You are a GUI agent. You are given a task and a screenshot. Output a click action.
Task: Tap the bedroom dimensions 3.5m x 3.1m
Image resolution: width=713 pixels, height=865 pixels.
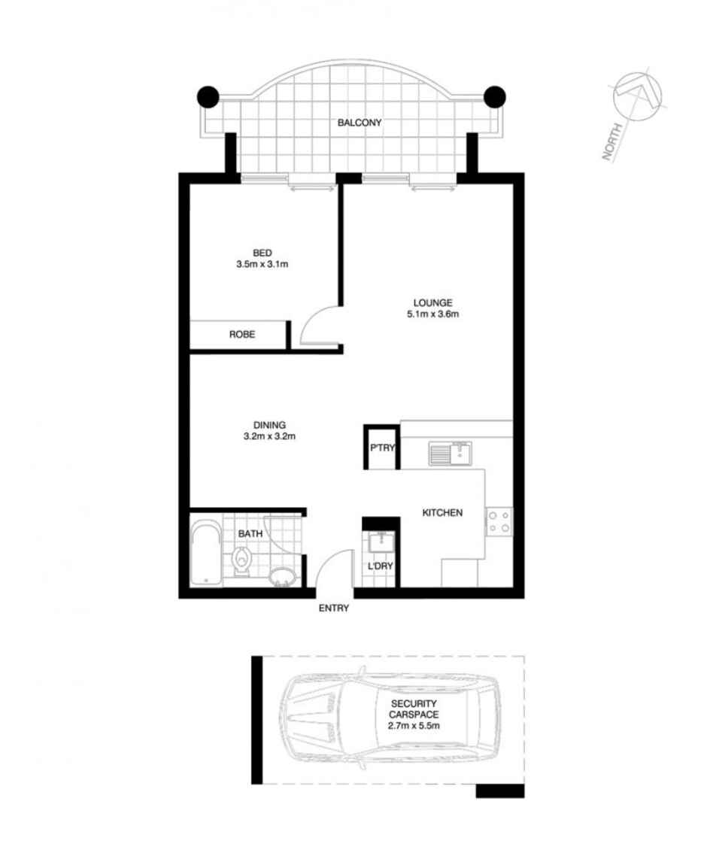tap(262, 264)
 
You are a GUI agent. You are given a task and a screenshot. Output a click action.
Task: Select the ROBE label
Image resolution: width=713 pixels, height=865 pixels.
tap(241, 335)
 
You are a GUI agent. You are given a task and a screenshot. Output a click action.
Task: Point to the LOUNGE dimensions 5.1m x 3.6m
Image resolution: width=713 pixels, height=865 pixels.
tap(432, 314)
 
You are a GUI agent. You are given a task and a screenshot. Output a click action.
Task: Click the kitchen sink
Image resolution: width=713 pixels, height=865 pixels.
tap(450, 454)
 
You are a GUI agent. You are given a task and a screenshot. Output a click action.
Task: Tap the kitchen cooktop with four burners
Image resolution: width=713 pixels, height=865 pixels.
tap(499, 521)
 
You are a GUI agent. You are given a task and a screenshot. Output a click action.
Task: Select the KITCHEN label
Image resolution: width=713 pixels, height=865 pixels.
tap(441, 513)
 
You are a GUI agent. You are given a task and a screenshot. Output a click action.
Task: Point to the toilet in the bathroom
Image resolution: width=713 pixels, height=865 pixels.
tap(241, 560)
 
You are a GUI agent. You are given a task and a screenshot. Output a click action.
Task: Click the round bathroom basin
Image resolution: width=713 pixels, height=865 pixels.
tap(282, 577)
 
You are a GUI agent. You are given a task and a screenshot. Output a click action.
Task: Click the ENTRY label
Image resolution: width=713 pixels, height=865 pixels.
tap(334, 609)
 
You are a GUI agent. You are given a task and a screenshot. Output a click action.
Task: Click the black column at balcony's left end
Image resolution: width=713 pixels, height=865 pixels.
tap(208, 96)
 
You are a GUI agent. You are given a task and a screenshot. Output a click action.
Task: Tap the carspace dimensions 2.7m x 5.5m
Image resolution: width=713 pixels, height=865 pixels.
tap(413, 726)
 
